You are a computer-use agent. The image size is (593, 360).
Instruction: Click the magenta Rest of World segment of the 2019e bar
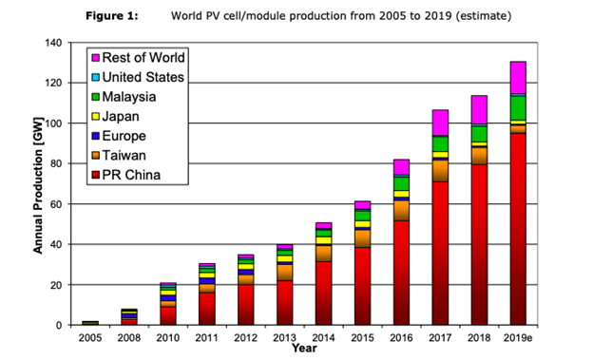pos(518,77)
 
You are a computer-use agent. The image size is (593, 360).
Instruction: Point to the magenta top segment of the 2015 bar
pos(362,205)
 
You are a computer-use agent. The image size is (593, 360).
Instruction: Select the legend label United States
pos(143,77)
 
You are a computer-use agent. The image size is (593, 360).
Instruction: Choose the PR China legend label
pos(133,174)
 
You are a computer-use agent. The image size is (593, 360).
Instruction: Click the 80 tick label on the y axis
pos(60,163)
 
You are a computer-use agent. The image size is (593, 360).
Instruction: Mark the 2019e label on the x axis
pos(518,337)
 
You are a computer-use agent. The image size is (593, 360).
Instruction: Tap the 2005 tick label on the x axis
pos(89,337)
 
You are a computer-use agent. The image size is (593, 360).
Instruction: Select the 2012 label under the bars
pos(245,337)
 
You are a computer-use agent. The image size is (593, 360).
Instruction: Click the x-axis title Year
pos(304,349)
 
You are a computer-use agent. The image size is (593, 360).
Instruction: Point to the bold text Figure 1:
pos(111,16)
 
